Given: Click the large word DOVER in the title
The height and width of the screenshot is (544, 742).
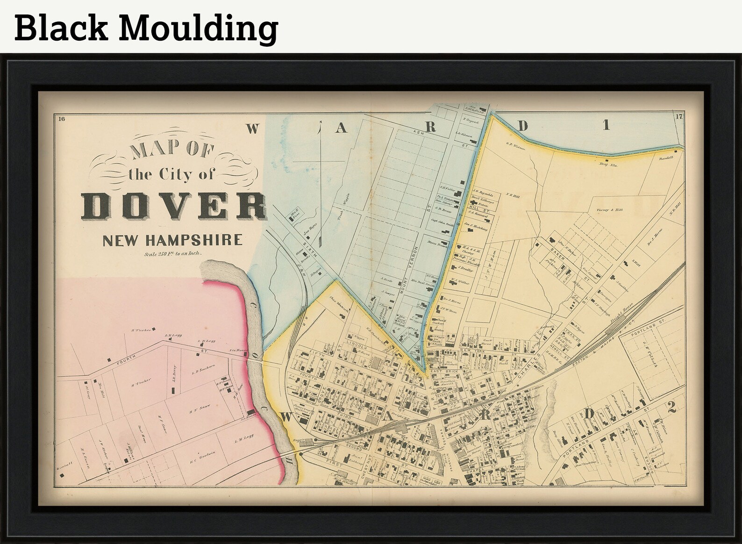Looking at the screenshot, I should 174,206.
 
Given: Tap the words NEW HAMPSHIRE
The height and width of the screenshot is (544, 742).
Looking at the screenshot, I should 172,241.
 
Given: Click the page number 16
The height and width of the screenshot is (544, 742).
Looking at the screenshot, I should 61,118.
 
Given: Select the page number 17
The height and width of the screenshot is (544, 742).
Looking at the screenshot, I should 679,117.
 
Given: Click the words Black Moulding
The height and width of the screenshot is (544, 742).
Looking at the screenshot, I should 146,27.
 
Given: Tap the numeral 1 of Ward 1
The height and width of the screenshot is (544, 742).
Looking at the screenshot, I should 606,125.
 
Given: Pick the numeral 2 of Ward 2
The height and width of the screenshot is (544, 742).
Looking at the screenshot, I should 671,408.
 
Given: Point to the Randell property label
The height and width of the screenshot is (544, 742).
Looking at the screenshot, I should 666,158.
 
